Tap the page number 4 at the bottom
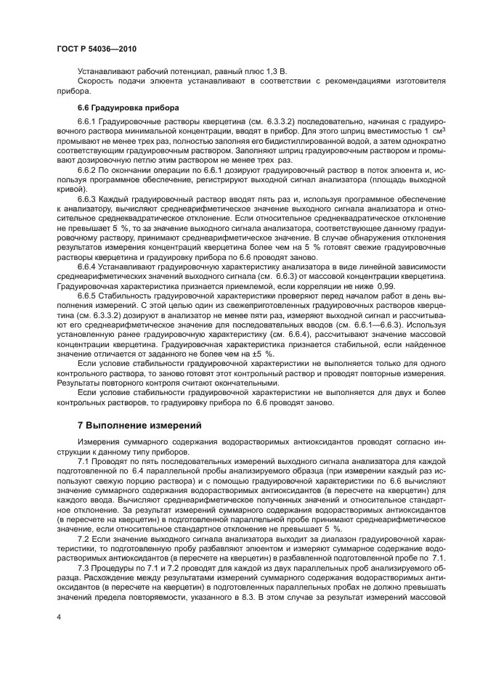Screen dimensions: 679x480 click(59, 616)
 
